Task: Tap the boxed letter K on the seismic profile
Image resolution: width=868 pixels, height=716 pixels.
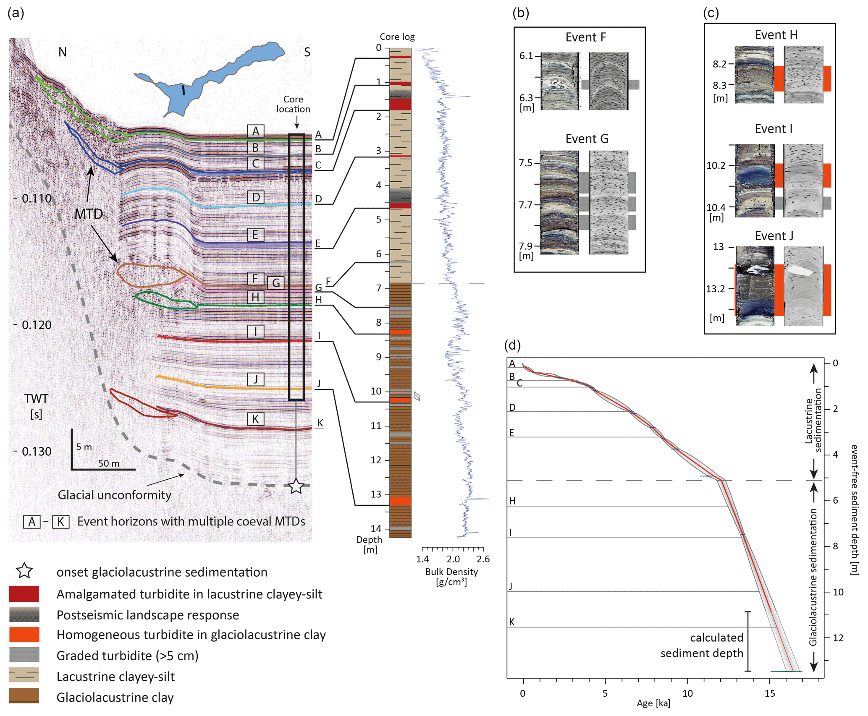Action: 255,419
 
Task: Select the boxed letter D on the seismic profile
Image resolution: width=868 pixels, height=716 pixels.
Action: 255,197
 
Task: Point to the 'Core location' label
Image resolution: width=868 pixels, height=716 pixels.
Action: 293,104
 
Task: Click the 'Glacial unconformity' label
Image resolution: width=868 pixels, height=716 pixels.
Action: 115,495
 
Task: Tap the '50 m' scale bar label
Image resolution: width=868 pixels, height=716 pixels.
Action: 109,463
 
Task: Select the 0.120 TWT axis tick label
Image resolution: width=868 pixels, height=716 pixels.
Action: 37,325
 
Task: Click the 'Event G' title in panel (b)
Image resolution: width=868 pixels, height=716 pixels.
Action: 586,139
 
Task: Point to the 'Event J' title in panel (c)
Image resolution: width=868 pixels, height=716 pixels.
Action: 774,236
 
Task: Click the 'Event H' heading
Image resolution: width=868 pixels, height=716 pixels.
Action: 776,35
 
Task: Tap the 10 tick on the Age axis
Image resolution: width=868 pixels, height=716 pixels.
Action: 687,693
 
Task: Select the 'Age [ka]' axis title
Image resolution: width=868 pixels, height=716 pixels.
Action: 653,703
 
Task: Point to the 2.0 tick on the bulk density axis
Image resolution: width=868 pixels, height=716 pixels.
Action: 453,559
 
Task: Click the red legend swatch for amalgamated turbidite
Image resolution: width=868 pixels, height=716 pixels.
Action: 24,594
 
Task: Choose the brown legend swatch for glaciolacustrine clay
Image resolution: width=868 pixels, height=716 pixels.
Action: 24,696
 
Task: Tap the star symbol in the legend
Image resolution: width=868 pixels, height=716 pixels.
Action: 24,571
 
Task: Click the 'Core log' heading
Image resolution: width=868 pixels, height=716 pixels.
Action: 397,37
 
